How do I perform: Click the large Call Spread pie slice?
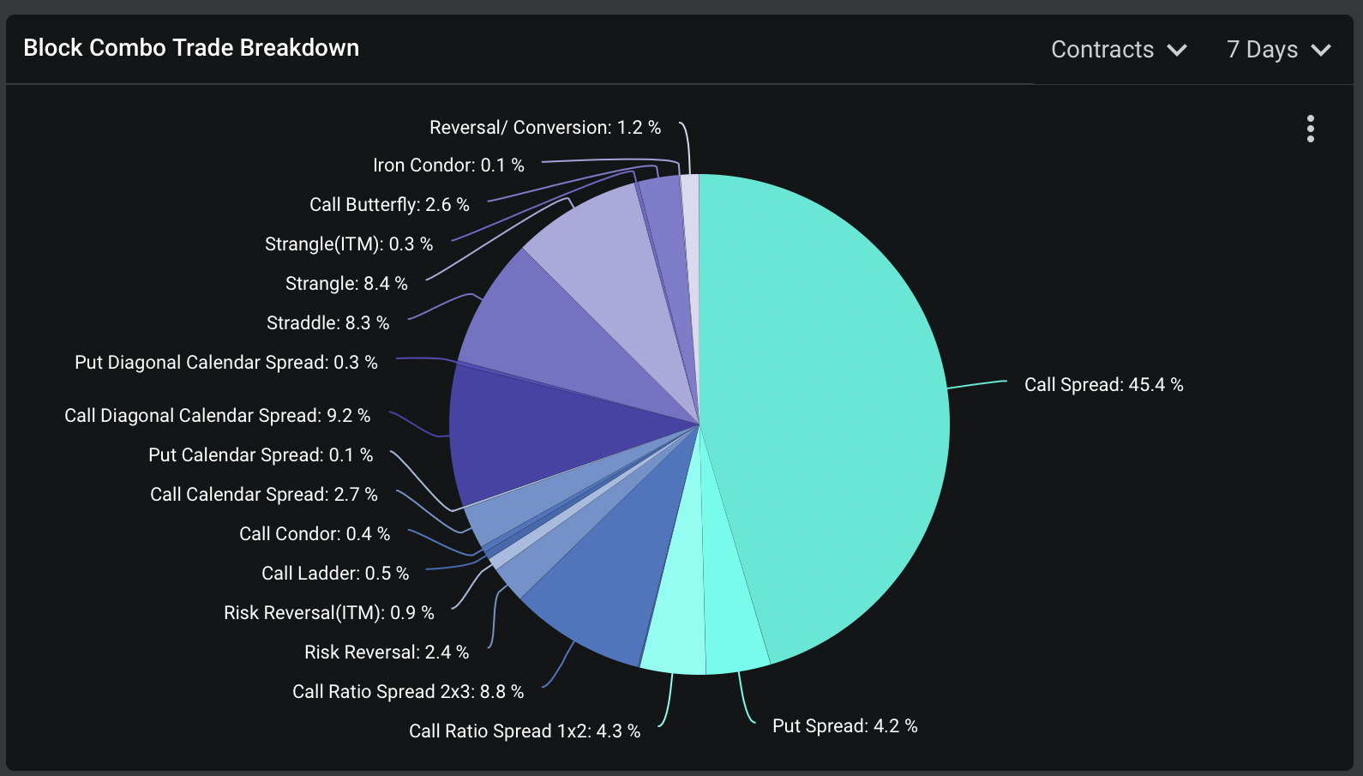click(823, 412)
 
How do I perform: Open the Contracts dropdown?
click(1119, 50)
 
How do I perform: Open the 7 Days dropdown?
click(1278, 50)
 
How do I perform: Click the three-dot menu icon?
click(1310, 129)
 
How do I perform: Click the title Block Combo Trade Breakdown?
click(191, 48)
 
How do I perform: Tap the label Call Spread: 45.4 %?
click(1103, 385)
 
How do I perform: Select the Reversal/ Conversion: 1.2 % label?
click(544, 128)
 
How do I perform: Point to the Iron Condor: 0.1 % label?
click(448, 165)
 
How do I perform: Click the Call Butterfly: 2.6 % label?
click(389, 205)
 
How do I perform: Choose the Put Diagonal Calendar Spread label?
click(225, 363)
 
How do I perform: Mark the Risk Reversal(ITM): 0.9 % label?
click(328, 613)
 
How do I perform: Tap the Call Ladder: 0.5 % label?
click(335, 574)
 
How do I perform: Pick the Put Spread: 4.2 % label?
click(844, 726)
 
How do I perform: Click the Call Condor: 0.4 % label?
click(315, 534)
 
